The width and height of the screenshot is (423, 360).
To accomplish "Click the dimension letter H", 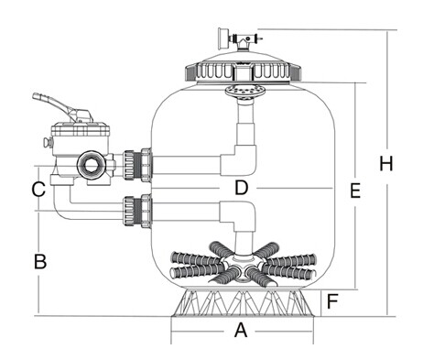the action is tap(386, 163).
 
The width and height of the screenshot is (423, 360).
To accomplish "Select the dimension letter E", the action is tap(355, 191).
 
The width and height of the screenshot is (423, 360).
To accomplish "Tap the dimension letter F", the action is tap(332, 301).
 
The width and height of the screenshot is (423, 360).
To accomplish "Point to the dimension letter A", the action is tap(241, 330).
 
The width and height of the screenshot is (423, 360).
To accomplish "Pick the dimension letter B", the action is tap(40, 261).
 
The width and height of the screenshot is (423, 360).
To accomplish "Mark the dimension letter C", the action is tap(38, 189).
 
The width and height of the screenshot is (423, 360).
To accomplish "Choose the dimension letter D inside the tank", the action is tap(242, 188).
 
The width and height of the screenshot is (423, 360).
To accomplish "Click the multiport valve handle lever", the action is tap(62, 107).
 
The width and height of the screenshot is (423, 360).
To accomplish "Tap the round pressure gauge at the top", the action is tap(222, 38).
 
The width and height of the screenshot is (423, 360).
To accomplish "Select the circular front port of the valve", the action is tap(91, 165).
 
